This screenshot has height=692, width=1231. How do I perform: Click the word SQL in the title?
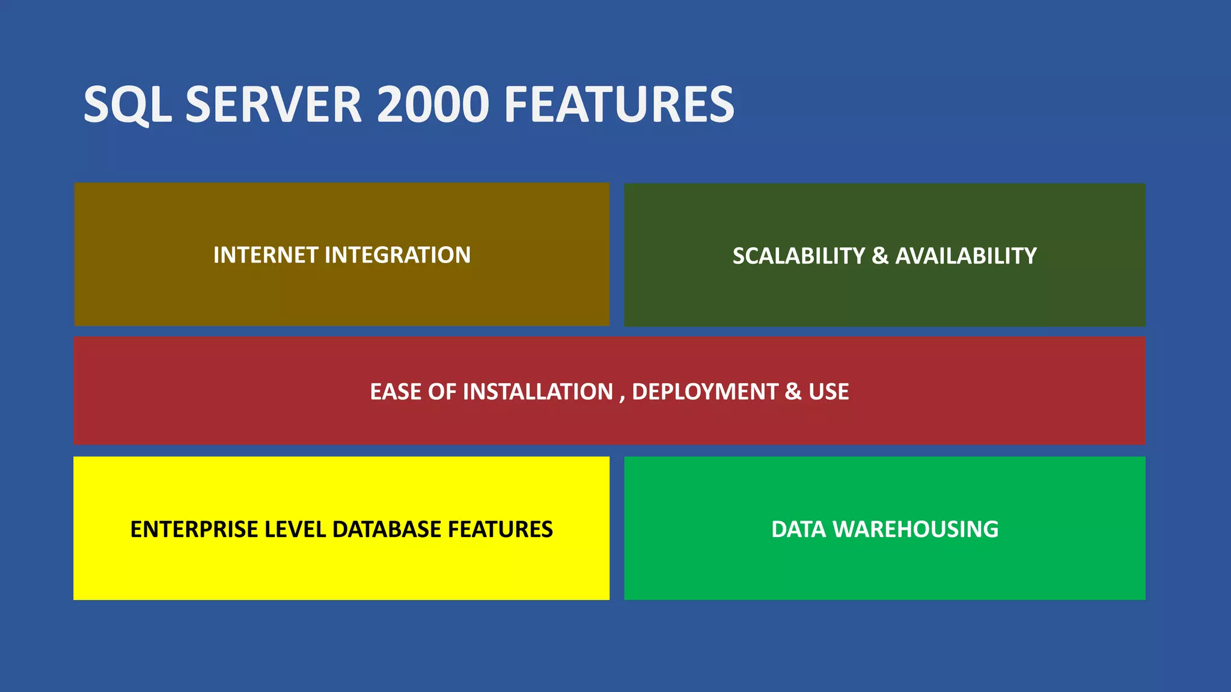point(127,105)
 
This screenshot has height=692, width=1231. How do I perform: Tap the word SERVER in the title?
point(273,105)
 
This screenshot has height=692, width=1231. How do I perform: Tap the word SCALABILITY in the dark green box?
point(798,256)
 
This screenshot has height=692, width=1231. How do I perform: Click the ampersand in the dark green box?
point(880,256)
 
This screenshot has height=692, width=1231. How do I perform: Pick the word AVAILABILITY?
point(966,256)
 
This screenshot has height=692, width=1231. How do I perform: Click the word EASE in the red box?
point(396,392)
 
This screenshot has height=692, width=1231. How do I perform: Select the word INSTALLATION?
point(537,392)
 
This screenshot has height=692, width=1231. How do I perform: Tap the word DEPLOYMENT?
point(704,392)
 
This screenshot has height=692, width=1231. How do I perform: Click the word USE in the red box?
point(828,392)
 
